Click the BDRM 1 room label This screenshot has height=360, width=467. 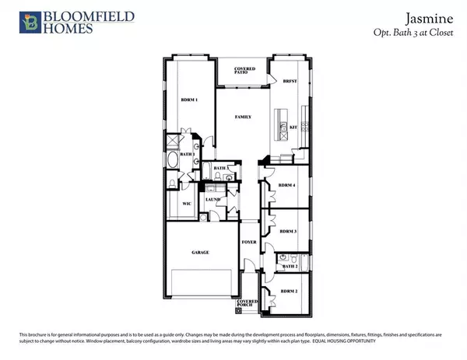(x=189, y=100)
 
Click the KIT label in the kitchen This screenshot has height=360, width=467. (x=294, y=127)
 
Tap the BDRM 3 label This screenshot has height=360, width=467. (x=288, y=231)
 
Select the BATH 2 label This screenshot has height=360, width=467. (x=290, y=267)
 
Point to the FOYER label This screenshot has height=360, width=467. (x=248, y=242)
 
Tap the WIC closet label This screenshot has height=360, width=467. (x=186, y=204)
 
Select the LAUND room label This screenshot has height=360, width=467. (x=212, y=200)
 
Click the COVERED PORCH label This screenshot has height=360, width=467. (x=248, y=302)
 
